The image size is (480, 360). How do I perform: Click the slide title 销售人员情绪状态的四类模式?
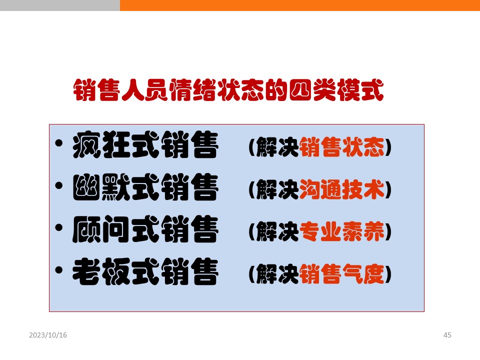point(228,90)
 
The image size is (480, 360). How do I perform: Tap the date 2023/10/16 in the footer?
point(48,335)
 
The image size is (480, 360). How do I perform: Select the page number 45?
point(447,335)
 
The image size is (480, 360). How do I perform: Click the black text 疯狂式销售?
point(145,145)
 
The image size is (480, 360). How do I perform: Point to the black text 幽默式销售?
point(145,187)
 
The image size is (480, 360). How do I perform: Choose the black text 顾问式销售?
point(145,229)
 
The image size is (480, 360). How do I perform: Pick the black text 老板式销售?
point(145,271)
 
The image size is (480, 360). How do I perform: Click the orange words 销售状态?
point(342,147)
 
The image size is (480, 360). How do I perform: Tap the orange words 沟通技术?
point(342,189)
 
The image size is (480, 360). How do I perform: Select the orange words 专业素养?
point(342,231)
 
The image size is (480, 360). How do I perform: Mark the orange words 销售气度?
point(342,274)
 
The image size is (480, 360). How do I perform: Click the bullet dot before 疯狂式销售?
point(59,143)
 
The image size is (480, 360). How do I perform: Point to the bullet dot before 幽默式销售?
point(59,185)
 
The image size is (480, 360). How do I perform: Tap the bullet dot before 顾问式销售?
point(59,228)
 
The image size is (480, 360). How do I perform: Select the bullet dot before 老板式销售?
point(59,270)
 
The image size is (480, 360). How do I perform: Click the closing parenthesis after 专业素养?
point(388,231)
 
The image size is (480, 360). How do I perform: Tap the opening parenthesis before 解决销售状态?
point(252,147)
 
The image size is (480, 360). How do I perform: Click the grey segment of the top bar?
point(60,5)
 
